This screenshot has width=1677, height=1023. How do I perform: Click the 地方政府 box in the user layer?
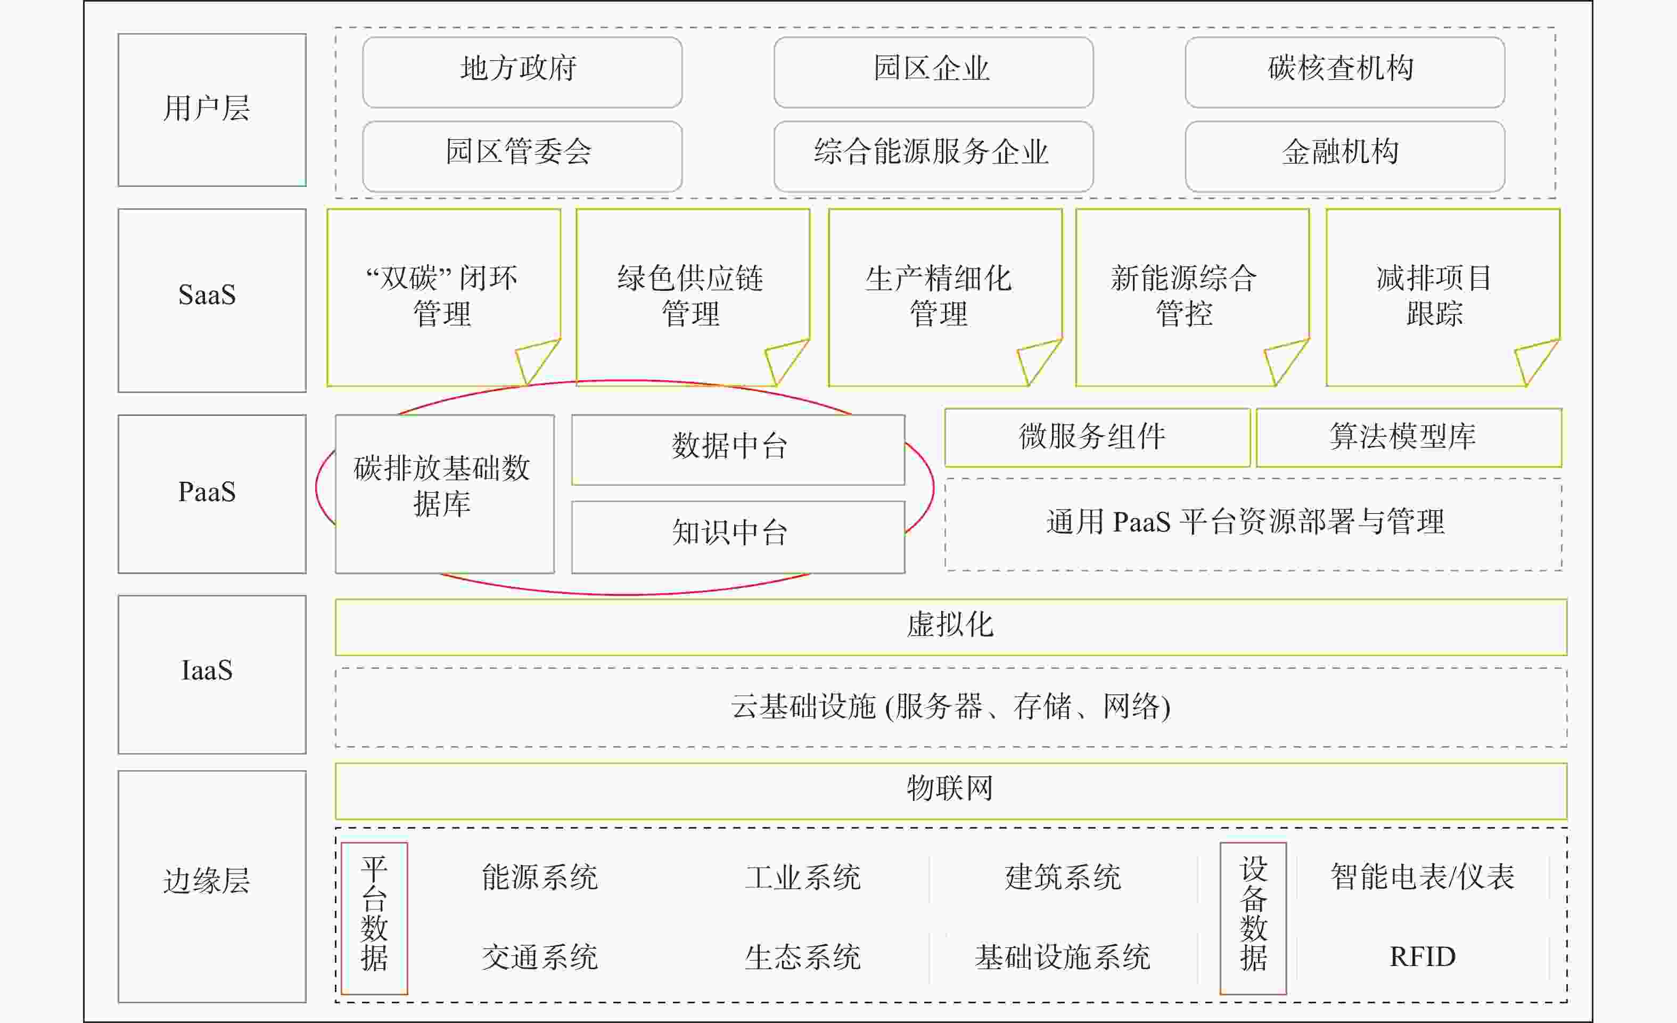pos(522,72)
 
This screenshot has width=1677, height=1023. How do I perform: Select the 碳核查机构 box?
pos(1345,72)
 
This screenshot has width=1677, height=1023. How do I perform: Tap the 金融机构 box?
pos(1345,156)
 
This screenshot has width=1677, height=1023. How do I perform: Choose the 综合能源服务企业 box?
pos(933,156)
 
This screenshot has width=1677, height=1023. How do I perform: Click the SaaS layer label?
pos(207,294)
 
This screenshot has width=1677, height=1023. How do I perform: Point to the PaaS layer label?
pos(207,492)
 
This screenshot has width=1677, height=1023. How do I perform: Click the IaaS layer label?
pos(207,670)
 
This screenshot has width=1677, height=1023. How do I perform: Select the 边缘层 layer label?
pos(207,881)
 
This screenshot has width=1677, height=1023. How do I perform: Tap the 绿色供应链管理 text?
pos(691,296)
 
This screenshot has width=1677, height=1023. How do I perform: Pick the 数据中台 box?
pos(738,450)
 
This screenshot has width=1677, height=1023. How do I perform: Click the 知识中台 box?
pos(738,537)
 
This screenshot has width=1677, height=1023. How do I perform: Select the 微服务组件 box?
pos(1097,438)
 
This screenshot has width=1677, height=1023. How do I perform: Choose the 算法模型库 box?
pos(1409,438)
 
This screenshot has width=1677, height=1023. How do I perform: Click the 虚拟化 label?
pos(950,625)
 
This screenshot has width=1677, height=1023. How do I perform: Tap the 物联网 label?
pos(950,788)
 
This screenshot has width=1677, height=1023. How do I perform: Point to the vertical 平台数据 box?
pos(374,918)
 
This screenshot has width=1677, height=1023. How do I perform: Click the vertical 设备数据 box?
pos(1253,918)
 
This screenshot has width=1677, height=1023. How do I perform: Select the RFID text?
pos(1423,957)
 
